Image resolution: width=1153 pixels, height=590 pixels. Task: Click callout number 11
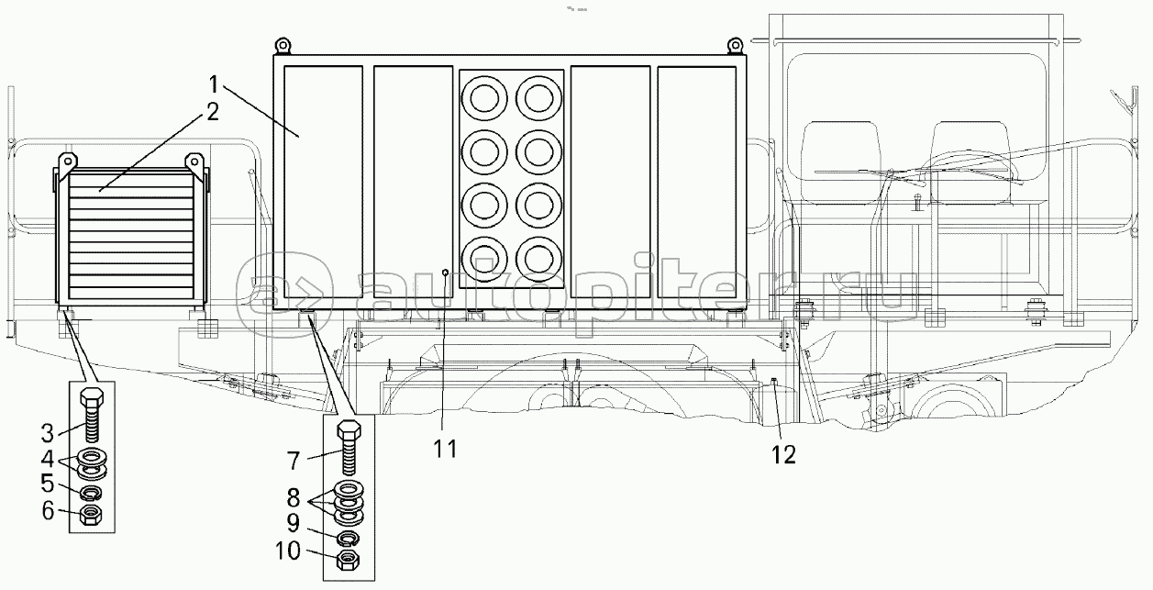pyautogui.click(x=445, y=449)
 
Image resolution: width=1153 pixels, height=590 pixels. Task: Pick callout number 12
pyautogui.click(x=782, y=453)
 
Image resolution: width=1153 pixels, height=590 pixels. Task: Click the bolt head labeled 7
pyautogui.click(x=349, y=429)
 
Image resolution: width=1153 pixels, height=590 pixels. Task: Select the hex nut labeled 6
pyautogui.click(x=92, y=517)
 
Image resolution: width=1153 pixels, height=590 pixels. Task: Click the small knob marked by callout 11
pyautogui.click(x=445, y=273)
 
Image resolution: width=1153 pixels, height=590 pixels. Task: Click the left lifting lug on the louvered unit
pyautogui.click(x=64, y=163)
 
